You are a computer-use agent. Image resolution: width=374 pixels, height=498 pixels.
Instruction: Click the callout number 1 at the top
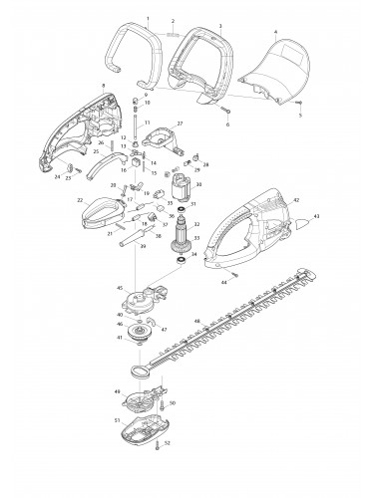pyautogui.click(x=147, y=19)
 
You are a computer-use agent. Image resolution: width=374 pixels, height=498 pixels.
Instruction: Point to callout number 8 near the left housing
pyautogui.click(x=103, y=88)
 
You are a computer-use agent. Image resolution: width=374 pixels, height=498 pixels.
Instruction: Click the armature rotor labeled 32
pyautogui.click(x=181, y=240)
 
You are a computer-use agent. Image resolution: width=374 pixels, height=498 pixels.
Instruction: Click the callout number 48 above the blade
pyautogui.click(x=196, y=320)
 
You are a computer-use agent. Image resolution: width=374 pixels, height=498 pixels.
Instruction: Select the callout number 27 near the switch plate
pyautogui.click(x=181, y=123)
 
